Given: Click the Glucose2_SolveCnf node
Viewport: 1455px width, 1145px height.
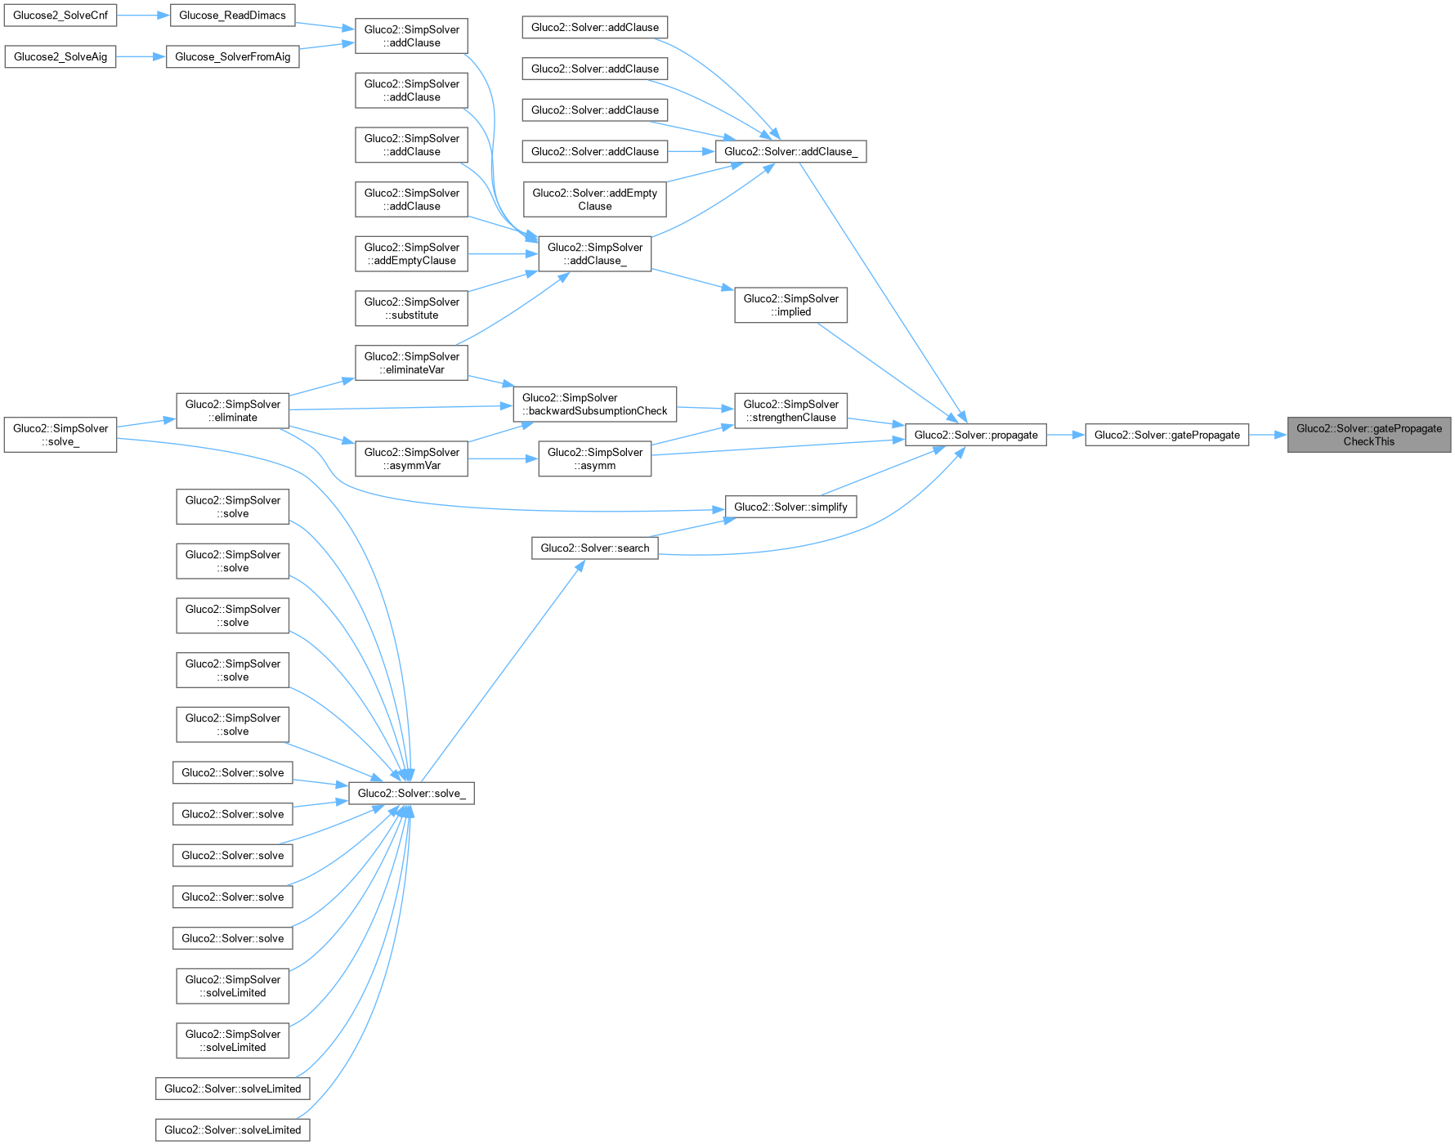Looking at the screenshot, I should point(60,16).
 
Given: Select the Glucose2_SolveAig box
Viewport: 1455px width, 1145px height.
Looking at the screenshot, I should point(60,56).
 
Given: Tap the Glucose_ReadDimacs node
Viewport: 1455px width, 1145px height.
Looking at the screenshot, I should point(232,16).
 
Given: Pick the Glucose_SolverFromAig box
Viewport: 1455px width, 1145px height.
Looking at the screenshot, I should point(232,56).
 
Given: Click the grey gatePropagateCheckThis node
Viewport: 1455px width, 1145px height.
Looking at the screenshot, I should point(1368,435).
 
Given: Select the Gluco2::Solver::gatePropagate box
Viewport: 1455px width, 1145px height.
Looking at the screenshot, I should point(1166,435).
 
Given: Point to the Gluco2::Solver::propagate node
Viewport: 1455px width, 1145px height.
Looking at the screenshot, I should point(975,435).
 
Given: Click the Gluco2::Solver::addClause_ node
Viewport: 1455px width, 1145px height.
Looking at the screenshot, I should point(790,151).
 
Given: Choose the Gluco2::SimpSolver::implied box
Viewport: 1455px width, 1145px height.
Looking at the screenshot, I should point(790,305).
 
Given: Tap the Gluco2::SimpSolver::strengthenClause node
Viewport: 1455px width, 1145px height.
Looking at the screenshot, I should point(790,410).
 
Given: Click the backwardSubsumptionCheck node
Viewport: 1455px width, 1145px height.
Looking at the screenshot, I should point(594,404).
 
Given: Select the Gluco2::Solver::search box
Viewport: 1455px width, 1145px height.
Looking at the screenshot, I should point(594,548).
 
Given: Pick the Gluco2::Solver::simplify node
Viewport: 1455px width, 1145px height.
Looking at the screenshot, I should point(790,507).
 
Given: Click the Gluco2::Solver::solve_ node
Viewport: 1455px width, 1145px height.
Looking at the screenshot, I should point(411,793).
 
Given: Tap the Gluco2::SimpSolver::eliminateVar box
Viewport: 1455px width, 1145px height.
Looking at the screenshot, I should point(411,363).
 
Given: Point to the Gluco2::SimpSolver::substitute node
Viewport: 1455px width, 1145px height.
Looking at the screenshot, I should point(411,308).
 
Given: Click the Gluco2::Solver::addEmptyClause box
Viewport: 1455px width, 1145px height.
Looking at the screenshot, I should point(594,199).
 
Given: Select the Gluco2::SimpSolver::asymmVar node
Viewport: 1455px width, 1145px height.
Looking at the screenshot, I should point(411,458).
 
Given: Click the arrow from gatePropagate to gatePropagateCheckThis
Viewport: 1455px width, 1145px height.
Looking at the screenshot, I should point(1268,435).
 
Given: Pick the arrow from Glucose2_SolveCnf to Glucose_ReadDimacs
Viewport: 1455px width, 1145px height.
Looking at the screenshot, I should point(143,16).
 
